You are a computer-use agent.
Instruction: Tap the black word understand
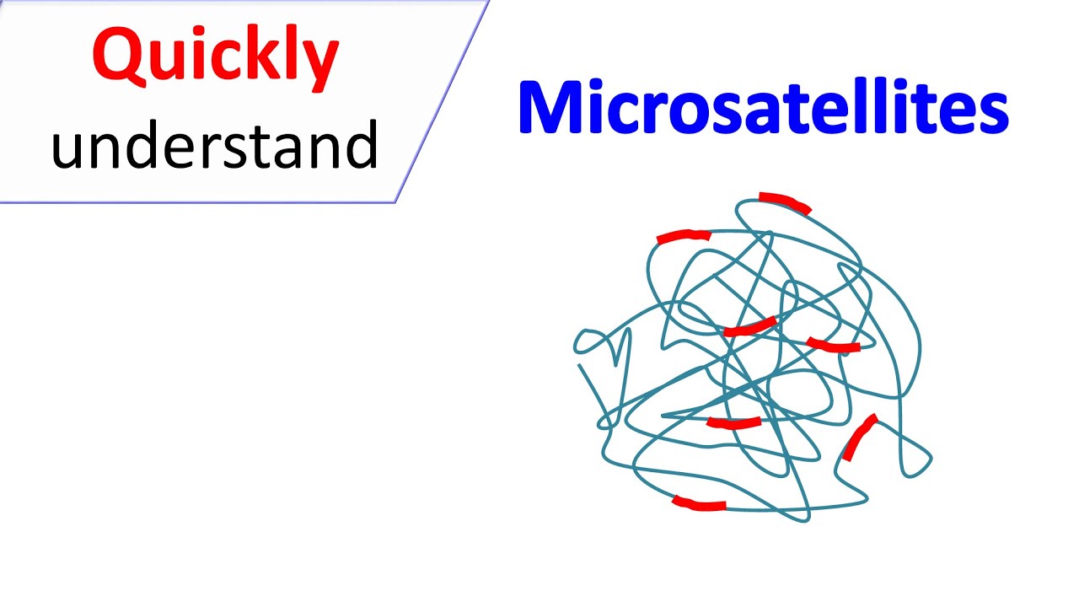[215, 145]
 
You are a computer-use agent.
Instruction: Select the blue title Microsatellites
[763, 108]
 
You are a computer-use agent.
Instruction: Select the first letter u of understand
[69, 149]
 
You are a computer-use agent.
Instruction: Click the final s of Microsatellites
[993, 114]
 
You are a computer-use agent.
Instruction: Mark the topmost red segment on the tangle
[785, 202]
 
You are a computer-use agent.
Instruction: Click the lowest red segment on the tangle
[699, 504]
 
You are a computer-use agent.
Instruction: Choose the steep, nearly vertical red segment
[859, 438]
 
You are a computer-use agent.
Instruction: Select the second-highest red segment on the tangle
[684, 237]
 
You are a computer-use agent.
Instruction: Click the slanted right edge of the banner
[443, 101]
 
